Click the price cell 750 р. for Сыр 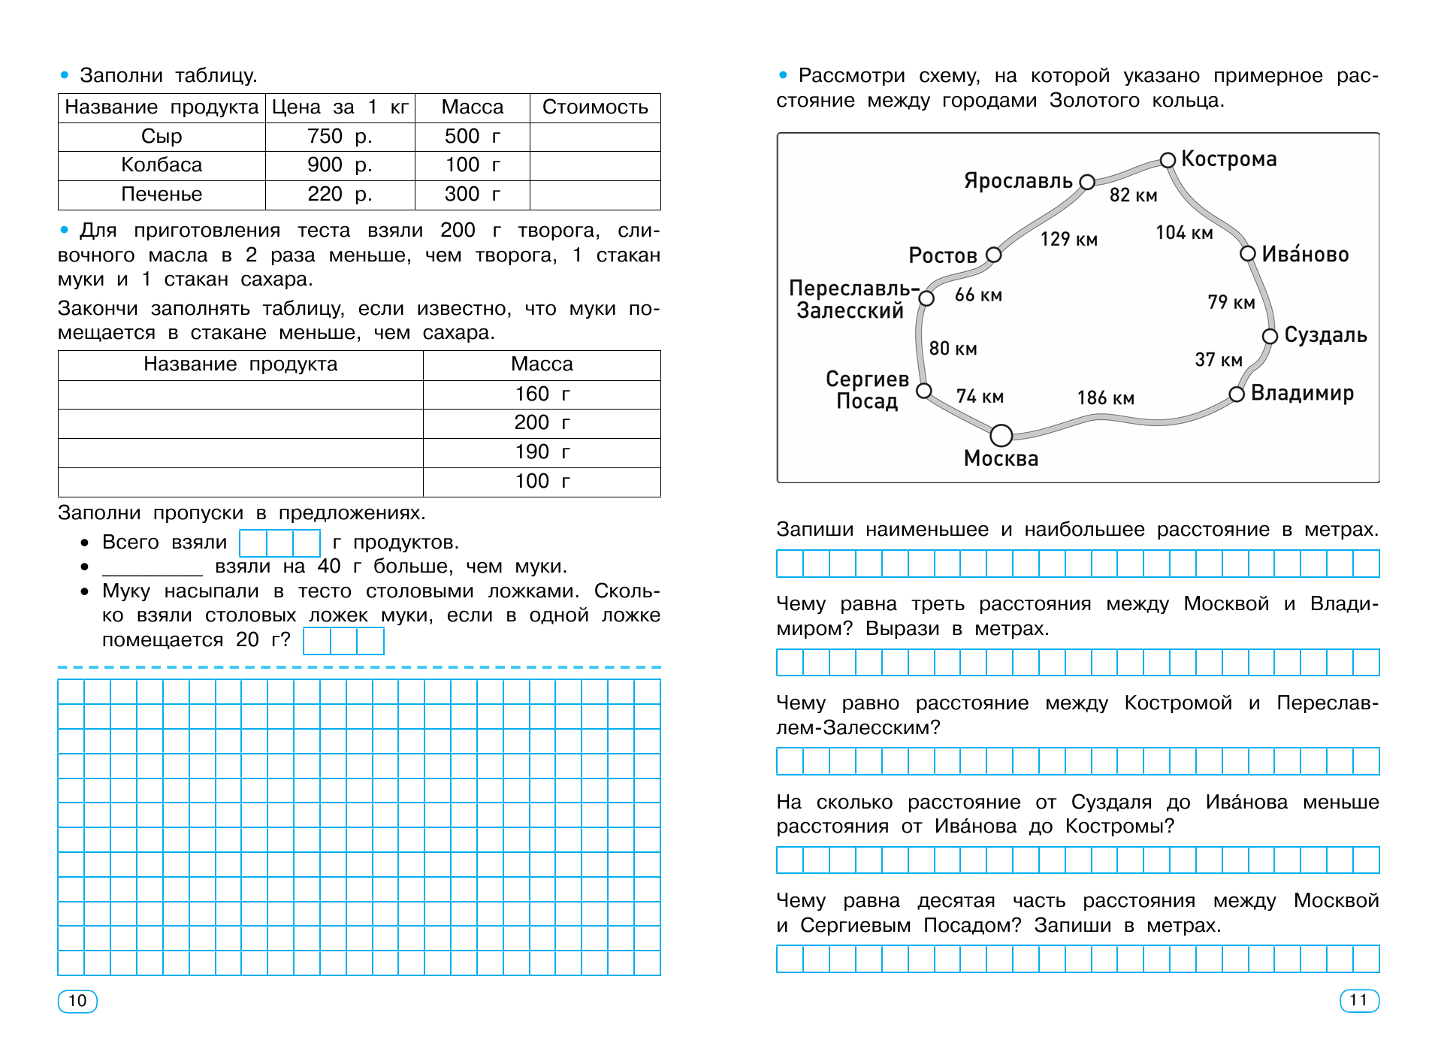[x=340, y=137]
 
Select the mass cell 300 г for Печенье [x=472, y=195]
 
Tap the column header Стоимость [x=595, y=107]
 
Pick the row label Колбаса [x=162, y=165]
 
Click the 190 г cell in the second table [x=542, y=452]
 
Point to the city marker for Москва [x=1001, y=435]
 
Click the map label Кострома [x=1228, y=159]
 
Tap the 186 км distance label [x=1105, y=398]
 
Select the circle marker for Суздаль [x=1270, y=336]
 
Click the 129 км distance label [x=1068, y=240]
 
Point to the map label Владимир [x=1302, y=394]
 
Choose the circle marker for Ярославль [x=1086, y=182]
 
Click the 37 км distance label [x=1218, y=360]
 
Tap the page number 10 [x=77, y=1001]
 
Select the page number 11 [x=1359, y=1000]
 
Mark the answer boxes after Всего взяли [x=279, y=543]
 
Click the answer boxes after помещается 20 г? [x=343, y=641]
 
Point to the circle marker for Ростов [x=993, y=255]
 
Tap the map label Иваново [x=1305, y=255]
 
